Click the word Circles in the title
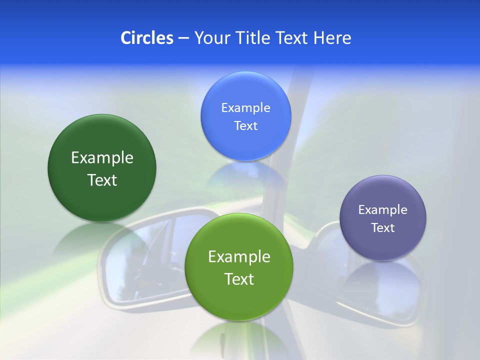(x=146, y=38)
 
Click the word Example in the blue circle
(x=245, y=108)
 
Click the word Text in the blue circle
(x=245, y=125)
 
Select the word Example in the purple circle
(x=382, y=210)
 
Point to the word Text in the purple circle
(x=382, y=228)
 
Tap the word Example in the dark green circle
(x=102, y=158)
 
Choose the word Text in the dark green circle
(x=102, y=180)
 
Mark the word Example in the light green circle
(x=239, y=257)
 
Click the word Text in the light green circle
(x=239, y=279)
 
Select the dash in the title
(x=183, y=38)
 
